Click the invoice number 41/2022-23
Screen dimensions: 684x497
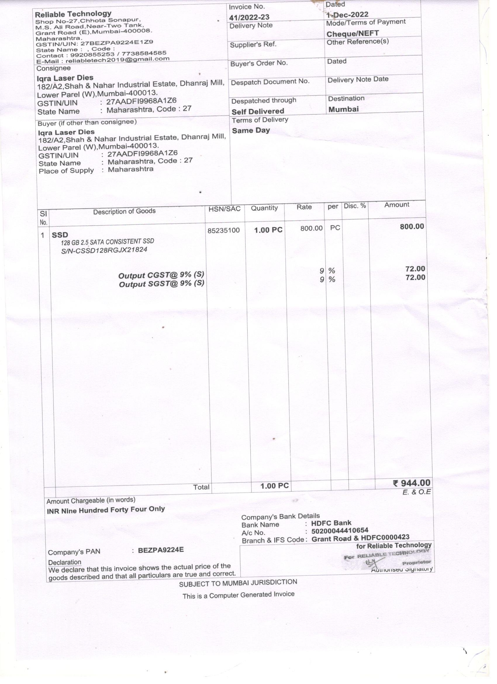[x=249, y=17]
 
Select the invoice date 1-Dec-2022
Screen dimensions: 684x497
[x=347, y=14]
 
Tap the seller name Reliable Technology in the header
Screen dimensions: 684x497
[x=73, y=14]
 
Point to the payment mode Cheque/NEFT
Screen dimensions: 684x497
[x=353, y=33]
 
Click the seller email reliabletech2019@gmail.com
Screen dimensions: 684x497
[x=118, y=59]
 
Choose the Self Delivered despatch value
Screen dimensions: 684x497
[x=258, y=111]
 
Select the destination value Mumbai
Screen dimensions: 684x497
[x=343, y=109]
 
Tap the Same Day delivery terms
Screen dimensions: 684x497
[x=251, y=130]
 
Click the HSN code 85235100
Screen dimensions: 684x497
[x=224, y=231]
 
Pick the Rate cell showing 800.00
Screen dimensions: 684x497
[x=311, y=228]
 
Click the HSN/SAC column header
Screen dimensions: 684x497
[x=225, y=209]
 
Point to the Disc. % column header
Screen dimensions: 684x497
[x=355, y=206]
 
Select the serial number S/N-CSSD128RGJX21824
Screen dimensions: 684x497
[x=104, y=250]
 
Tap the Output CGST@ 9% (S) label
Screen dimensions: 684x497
[x=161, y=275]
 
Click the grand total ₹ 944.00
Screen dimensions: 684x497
[x=412, y=483]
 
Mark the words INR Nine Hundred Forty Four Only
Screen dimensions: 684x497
[x=106, y=510]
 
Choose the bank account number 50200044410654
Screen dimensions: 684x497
[x=340, y=530]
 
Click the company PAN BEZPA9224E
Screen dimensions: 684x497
[x=161, y=550]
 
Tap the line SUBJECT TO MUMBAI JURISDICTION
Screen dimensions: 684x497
[x=238, y=583]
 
